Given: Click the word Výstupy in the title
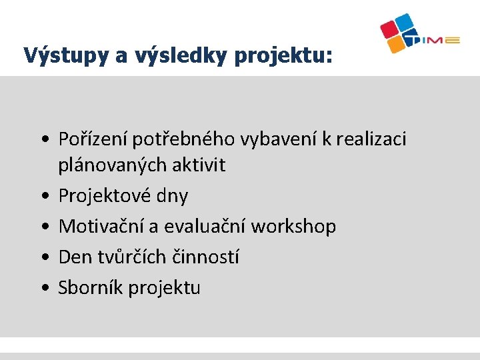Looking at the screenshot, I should point(67,55).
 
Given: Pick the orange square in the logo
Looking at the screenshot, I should point(397,45).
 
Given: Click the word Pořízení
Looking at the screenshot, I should point(93,139).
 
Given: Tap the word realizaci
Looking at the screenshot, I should point(371,139).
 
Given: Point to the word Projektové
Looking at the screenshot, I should point(105,196).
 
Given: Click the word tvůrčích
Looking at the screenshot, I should point(132,257).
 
